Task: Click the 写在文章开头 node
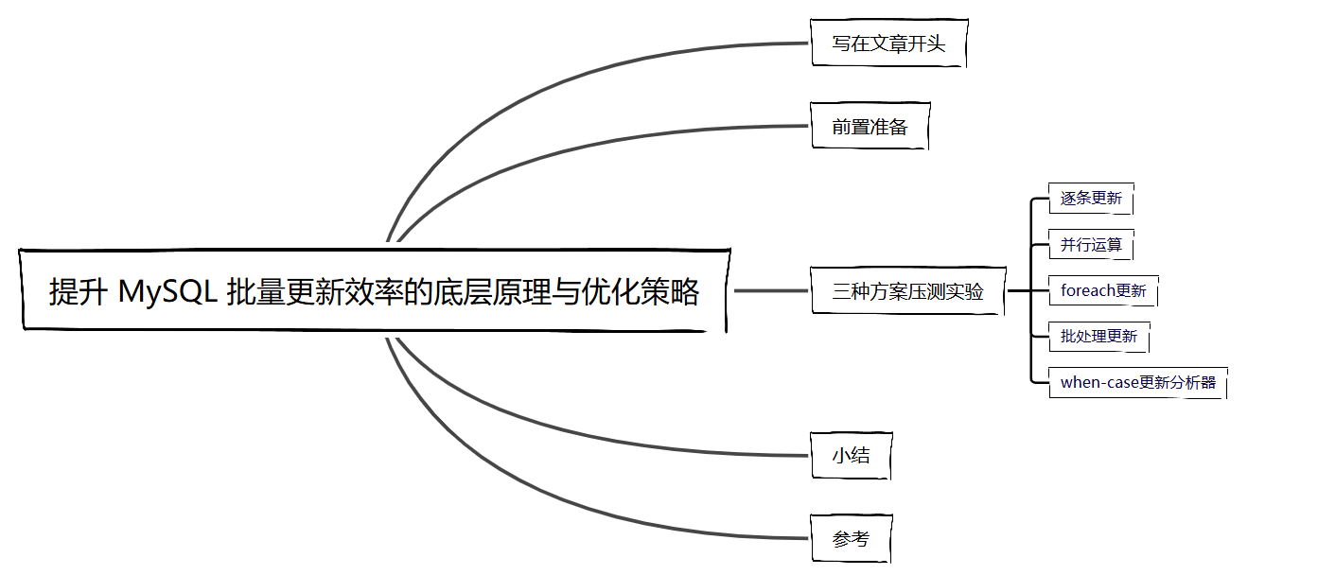[x=888, y=44]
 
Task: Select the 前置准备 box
[x=870, y=127]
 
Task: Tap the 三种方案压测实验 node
[x=907, y=291]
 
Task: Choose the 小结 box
[x=851, y=456]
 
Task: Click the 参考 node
[x=851, y=539]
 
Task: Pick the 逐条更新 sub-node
[x=1091, y=199]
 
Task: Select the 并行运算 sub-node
[x=1091, y=245]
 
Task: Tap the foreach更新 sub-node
[x=1103, y=290]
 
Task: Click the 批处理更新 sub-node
[x=1098, y=336]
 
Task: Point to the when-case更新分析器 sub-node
[x=1137, y=382]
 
